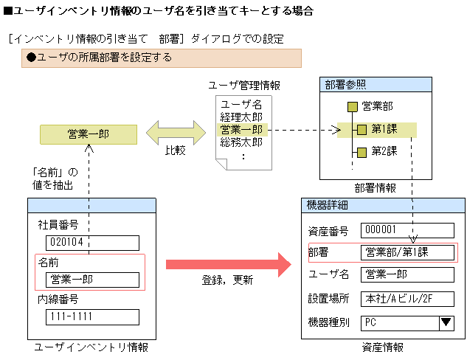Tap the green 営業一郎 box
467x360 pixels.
pyautogui.click(x=88, y=134)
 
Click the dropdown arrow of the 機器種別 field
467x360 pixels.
pyautogui.click(x=446, y=322)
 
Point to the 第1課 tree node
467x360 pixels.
pyautogui.click(x=384, y=130)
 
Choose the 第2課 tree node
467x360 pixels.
pyautogui.click(x=384, y=152)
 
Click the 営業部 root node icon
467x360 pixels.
pyautogui.click(x=353, y=107)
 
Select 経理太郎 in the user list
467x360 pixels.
pyautogui.click(x=241, y=117)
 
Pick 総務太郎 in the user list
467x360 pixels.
pyautogui.click(x=241, y=142)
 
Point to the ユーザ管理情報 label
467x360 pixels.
pyautogui.click(x=244, y=86)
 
